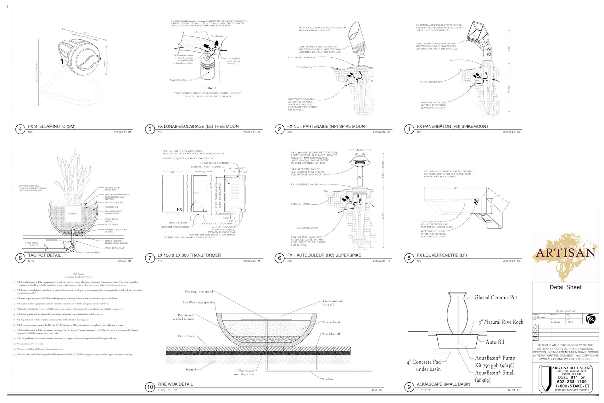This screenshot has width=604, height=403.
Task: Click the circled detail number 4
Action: click(20, 129)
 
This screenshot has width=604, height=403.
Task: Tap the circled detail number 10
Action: click(150, 387)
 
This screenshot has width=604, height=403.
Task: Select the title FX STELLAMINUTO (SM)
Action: click(52, 126)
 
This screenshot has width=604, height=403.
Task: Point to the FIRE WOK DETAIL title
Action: click(175, 384)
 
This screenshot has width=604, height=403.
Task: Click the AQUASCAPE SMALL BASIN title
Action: click(443, 384)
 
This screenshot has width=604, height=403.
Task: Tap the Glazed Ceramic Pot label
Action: click(495, 298)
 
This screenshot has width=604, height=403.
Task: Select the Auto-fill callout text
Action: click(495, 342)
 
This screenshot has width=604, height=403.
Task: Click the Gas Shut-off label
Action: click(332, 334)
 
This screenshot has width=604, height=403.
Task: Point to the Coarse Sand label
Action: click(331, 322)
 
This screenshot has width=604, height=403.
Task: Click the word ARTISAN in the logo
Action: click(566, 253)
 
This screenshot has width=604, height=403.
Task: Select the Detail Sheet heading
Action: click(565, 287)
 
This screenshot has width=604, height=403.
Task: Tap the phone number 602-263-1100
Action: click(572, 382)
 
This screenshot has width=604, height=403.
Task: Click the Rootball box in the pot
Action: click(73, 214)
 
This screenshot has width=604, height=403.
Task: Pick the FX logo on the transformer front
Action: click(179, 209)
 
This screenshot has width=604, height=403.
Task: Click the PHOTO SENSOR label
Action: click(178, 223)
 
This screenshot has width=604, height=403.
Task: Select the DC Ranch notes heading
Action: click(78, 275)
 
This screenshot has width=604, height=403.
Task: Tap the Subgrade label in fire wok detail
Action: click(191, 369)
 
